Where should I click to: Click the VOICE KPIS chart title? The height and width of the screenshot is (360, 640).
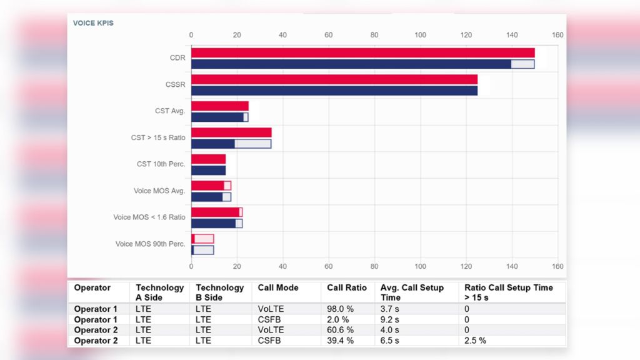click(x=93, y=23)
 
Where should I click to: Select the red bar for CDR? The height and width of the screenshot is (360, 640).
click(x=362, y=53)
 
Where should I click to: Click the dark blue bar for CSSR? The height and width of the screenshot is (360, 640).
click(x=334, y=91)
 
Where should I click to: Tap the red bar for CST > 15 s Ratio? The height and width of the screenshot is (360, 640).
click(x=231, y=132)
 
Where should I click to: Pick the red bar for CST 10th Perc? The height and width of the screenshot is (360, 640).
click(x=208, y=159)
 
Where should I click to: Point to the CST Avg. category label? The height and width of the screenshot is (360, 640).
click(x=170, y=111)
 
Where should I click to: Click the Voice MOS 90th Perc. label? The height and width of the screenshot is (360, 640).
click(x=150, y=244)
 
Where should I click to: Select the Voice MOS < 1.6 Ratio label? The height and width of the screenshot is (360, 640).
click(x=149, y=217)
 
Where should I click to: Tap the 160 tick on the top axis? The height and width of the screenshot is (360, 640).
click(x=557, y=35)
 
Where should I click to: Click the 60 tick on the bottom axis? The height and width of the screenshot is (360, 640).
click(x=329, y=266)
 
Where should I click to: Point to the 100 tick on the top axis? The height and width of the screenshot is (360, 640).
click(x=420, y=35)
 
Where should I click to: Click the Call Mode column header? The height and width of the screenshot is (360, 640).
click(x=278, y=288)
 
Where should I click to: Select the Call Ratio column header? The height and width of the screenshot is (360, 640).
click(x=347, y=288)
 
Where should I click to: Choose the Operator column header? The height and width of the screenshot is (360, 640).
click(x=92, y=288)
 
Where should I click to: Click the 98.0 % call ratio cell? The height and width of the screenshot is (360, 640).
click(x=341, y=309)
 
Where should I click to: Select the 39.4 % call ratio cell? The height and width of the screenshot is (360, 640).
click(x=341, y=341)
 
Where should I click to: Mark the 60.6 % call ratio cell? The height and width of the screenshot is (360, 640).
click(x=341, y=331)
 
